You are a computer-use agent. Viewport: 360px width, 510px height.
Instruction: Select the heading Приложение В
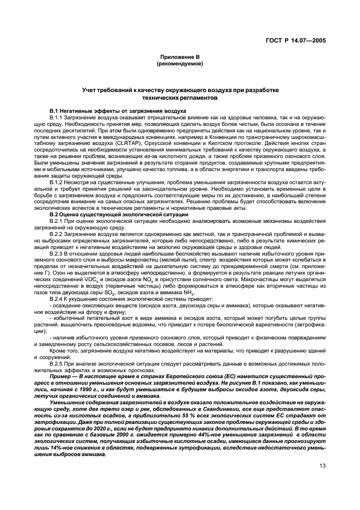180,57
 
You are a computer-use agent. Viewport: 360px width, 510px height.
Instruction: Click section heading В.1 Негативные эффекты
118,111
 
